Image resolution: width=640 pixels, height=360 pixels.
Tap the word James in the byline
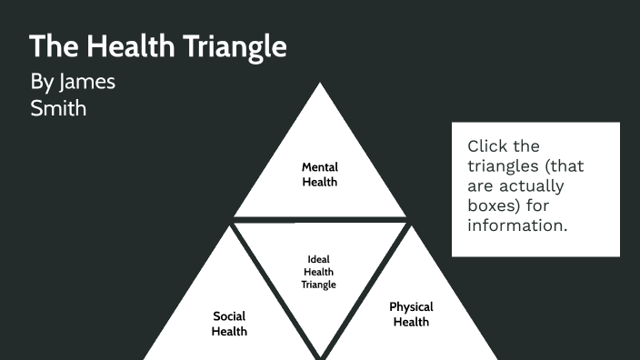click(x=87, y=82)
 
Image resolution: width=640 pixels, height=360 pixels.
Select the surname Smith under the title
click(x=58, y=108)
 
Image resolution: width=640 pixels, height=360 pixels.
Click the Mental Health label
click(x=320, y=175)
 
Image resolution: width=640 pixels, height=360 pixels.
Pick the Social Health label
click(x=229, y=324)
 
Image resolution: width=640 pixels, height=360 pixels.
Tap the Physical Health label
click(x=411, y=315)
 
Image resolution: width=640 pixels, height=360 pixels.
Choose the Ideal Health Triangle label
click(x=319, y=271)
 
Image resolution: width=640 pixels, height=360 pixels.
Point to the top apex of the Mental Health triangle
click(x=319, y=85)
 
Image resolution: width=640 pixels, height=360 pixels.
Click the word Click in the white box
click(x=491, y=145)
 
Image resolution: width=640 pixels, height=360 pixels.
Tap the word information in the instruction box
click(x=517, y=225)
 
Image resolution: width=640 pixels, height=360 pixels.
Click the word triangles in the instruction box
click(x=506, y=165)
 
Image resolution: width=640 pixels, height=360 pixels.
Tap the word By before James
click(x=42, y=82)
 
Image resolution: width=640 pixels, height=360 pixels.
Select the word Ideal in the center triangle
click(x=319, y=258)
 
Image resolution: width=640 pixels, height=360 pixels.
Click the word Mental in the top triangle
click(x=320, y=167)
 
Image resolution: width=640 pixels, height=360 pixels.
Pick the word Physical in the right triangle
click(x=411, y=307)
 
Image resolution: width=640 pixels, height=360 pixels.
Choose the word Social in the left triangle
click(x=229, y=316)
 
